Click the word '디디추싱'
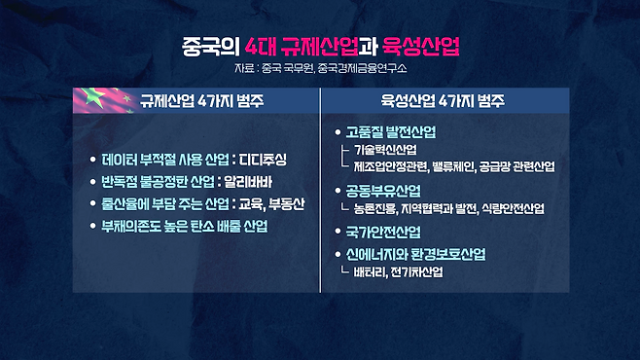pyautogui.click(x=263, y=159)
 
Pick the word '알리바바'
pyautogui.click(x=259, y=181)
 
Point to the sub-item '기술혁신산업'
pyautogui.click(x=386, y=149)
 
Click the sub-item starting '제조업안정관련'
pyautogui.click(x=454, y=166)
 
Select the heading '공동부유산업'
pyautogui.click(x=384, y=190)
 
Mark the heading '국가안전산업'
pyautogui.click(x=384, y=232)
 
